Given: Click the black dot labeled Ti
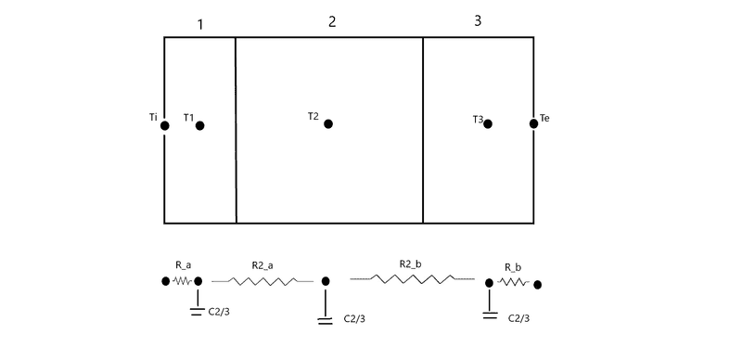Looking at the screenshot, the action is [165, 125].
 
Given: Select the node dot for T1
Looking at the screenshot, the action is [199, 125].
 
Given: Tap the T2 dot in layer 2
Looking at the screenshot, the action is [328, 123].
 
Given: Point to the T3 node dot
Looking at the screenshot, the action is [488, 123].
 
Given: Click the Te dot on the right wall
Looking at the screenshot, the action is [534, 123].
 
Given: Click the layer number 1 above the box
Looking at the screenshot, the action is [200, 25].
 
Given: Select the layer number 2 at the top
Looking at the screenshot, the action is [332, 21].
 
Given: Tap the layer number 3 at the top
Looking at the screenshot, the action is [478, 20].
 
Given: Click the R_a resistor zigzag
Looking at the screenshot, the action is [182, 281].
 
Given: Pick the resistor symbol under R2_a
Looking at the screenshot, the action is [262, 281].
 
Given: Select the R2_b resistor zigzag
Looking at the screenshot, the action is [412, 279].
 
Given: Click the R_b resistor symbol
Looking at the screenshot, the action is [513, 282].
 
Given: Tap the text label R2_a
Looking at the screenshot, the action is [262, 265].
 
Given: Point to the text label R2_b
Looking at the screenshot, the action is [410, 264].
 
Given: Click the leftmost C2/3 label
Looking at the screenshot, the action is [219, 312].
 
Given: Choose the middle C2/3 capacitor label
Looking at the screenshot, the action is [354, 319].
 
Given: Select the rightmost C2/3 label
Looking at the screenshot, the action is [519, 318].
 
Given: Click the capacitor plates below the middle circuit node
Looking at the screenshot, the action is [326, 321].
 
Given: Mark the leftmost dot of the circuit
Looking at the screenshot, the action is [165, 281].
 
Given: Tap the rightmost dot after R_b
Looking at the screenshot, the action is [537, 285].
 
